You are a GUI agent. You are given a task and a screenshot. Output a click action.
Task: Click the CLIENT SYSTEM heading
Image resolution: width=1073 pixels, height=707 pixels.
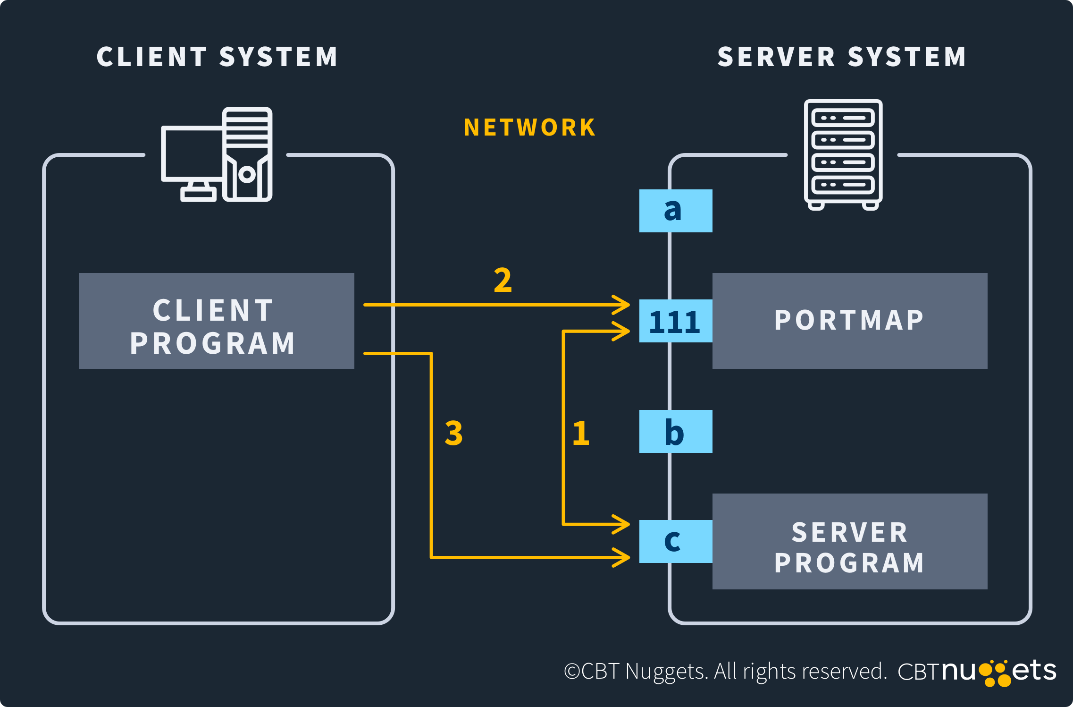click(217, 57)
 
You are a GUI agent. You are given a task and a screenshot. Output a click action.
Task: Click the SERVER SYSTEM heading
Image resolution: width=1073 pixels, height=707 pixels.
click(842, 57)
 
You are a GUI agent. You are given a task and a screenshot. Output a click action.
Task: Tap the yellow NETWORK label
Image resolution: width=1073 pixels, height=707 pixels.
click(529, 128)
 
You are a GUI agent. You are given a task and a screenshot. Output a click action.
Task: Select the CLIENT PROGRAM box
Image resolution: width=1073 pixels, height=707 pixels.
click(217, 321)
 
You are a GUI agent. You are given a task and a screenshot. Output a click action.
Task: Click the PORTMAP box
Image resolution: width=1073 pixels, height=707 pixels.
click(849, 321)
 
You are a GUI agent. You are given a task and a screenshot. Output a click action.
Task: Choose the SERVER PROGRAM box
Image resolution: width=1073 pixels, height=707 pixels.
click(849, 541)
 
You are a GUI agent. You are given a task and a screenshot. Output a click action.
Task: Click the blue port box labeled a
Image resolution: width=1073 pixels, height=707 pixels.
click(675, 211)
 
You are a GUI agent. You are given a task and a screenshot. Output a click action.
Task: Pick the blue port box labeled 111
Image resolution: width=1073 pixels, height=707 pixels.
click(675, 321)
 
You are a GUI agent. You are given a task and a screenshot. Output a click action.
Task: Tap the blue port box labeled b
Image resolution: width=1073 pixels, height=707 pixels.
click(675, 431)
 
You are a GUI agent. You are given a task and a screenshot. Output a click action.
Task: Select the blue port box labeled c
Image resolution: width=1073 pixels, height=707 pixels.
click(675, 541)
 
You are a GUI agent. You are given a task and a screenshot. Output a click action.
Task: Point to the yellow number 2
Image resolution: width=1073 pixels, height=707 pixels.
click(503, 280)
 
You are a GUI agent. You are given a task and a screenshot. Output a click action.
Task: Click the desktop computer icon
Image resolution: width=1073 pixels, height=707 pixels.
click(217, 155)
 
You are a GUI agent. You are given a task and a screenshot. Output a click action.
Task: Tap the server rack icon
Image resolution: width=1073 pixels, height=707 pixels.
click(843, 155)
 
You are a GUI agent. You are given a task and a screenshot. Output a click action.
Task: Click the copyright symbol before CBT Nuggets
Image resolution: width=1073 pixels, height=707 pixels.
click(571, 672)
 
